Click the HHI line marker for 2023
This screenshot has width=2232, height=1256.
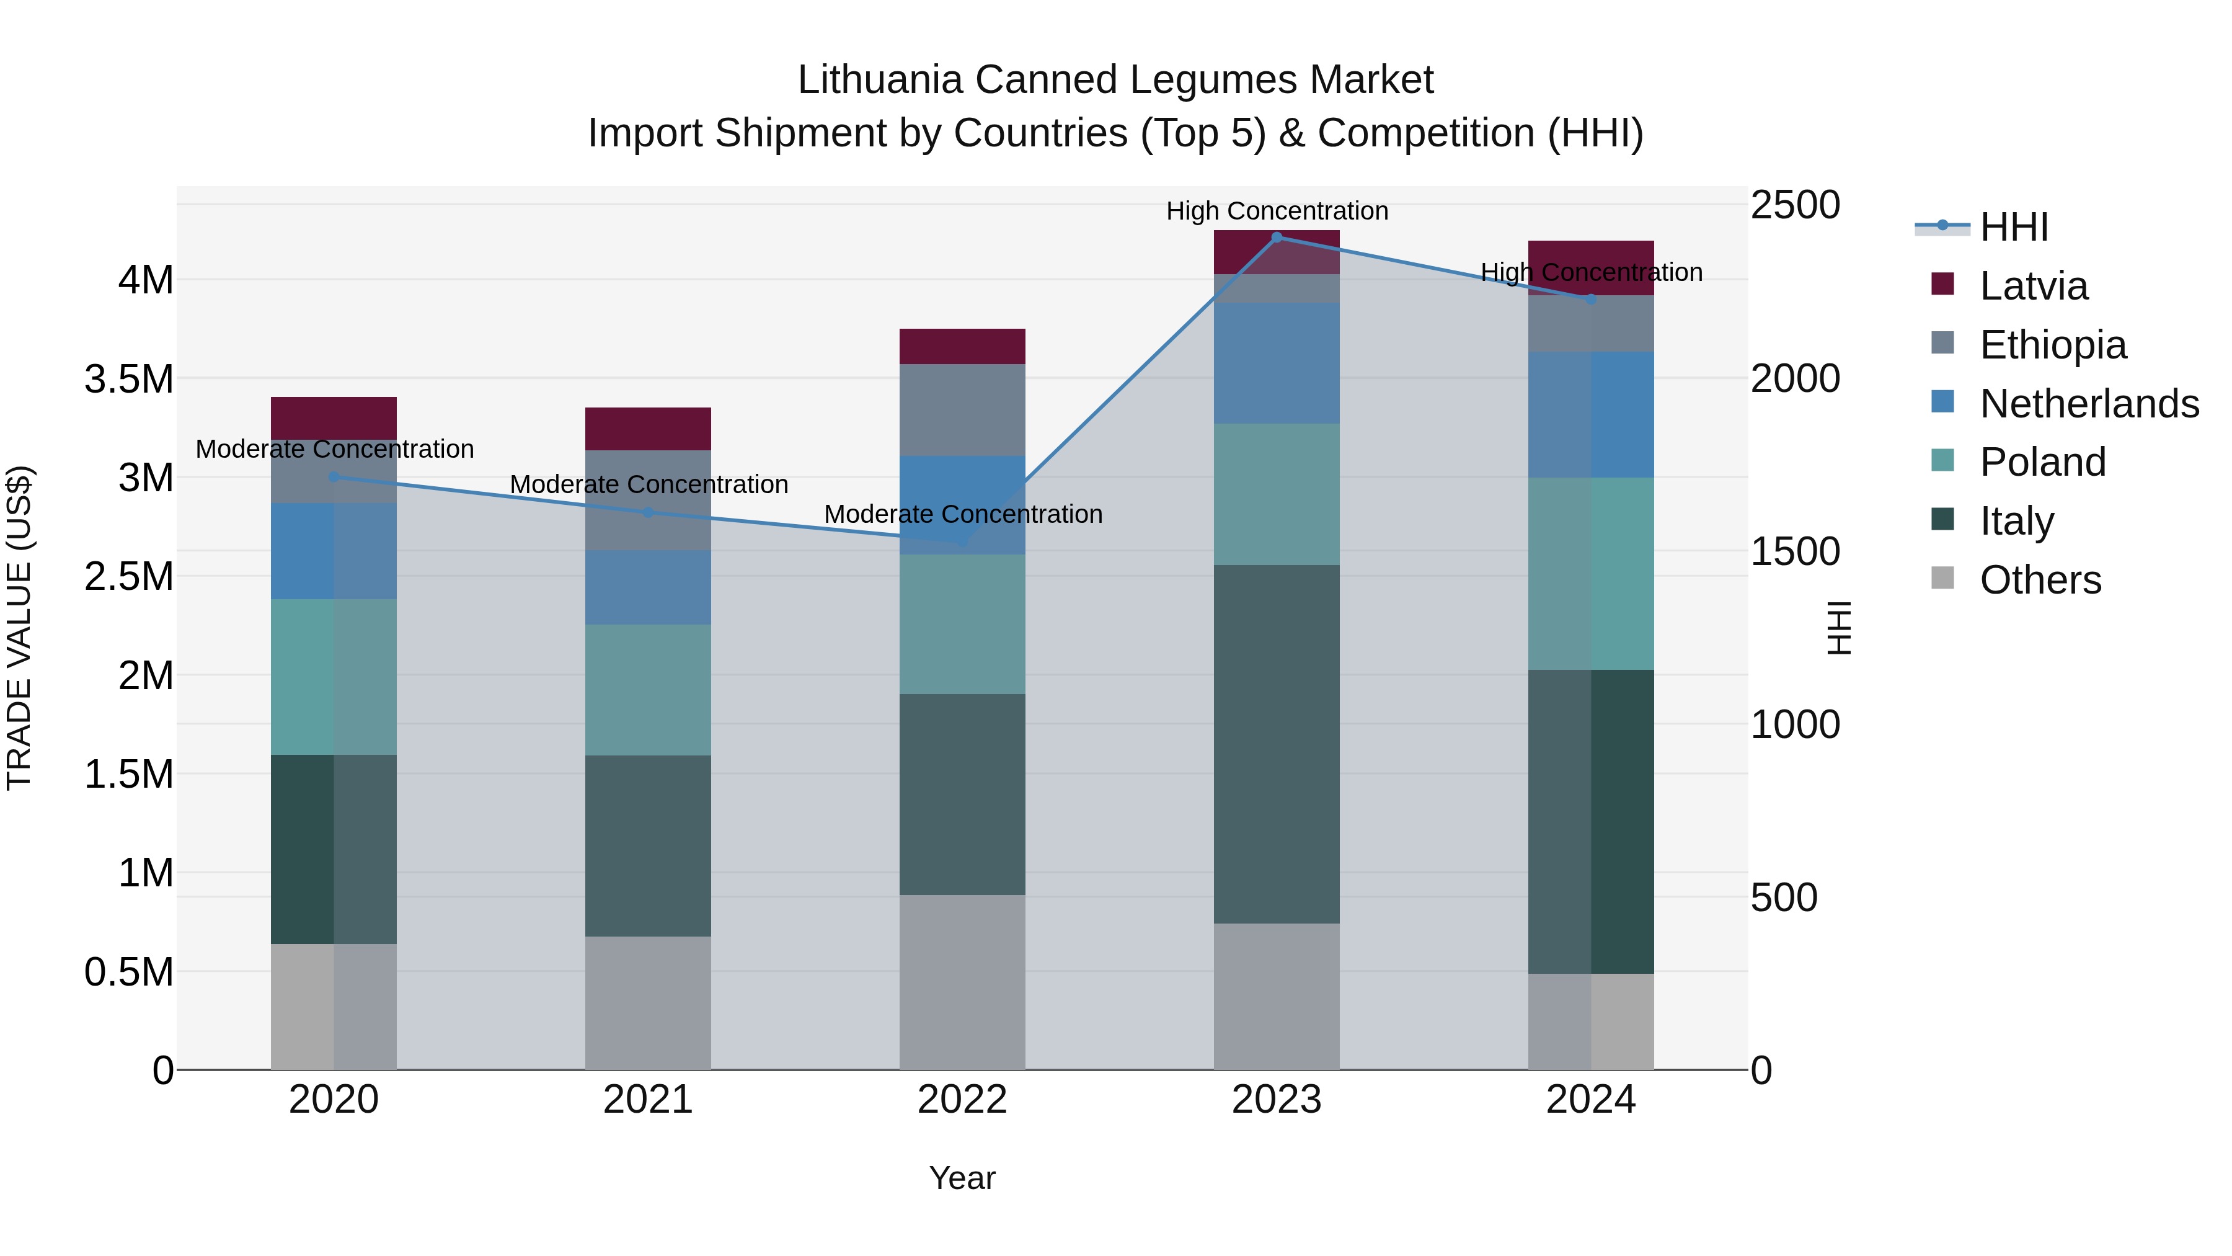1277,238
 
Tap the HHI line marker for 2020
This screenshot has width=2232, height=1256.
334,477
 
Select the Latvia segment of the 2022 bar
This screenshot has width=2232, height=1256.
962,347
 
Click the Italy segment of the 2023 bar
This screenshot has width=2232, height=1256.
1277,744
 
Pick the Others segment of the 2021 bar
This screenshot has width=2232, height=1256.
648,1002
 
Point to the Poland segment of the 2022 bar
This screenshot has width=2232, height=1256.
962,624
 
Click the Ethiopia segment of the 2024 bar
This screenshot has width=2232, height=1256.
1591,323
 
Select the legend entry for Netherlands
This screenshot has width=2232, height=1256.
2089,404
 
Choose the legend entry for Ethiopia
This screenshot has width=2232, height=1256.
2053,345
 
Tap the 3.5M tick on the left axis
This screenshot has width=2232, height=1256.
129,380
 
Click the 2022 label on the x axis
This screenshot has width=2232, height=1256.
962,1100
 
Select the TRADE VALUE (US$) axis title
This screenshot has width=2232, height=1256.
20,628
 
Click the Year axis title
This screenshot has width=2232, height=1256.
962,1178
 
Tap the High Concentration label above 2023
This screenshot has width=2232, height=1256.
1277,211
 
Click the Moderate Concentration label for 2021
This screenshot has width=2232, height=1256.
648,484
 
